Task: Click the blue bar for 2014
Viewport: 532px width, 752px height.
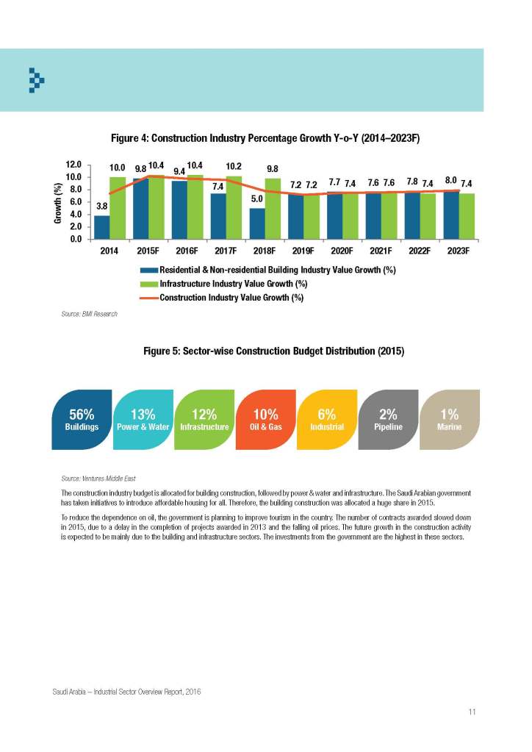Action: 102,227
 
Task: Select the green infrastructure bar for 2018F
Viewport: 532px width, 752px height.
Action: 273,210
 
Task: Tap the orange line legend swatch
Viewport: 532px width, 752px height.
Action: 148,298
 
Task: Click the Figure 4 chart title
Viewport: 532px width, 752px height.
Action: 265,138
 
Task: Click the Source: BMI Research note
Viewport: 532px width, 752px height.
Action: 90,314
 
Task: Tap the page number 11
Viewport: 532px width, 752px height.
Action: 472,712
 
